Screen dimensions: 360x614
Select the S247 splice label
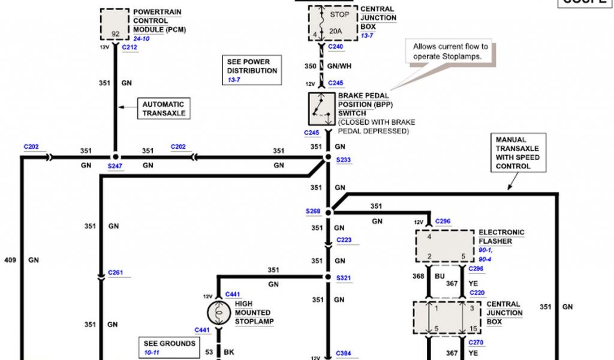point(115,166)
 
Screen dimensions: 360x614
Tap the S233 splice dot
point(328,158)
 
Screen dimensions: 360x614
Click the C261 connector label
point(116,273)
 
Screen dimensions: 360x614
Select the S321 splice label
point(344,278)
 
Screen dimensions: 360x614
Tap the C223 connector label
point(344,240)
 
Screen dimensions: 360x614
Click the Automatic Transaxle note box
point(163,109)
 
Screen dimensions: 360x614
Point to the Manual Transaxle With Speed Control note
point(517,153)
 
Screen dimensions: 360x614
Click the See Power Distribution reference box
point(252,70)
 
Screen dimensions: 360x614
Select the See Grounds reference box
point(169,347)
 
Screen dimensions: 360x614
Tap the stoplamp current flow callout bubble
point(450,51)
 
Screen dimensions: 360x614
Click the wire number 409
point(10,260)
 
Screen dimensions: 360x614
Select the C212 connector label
point(130,46)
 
